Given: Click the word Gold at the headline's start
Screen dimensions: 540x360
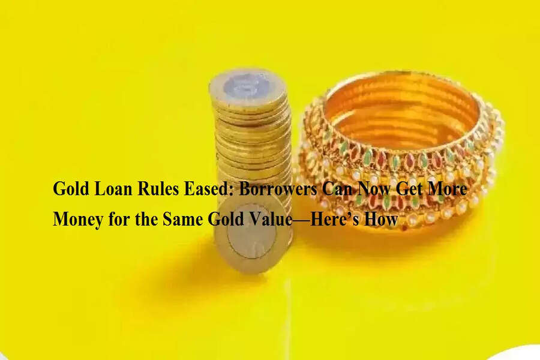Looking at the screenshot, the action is tap(71, 188).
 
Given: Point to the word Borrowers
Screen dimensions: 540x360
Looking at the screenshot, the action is tap(278, 188).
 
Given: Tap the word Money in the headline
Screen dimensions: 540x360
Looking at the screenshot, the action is tap(78, 219).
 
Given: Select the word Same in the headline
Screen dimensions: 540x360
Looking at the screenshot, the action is tap(182, 219).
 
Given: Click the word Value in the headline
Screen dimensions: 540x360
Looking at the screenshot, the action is tap(270, 219).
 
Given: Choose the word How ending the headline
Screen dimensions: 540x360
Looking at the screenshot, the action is tap(381, 219).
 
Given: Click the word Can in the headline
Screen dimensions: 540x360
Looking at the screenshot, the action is tap(337, 188).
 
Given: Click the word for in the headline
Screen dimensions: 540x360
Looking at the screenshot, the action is tap(119, 219).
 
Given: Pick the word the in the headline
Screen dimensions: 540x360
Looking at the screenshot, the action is tap(146, 219).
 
